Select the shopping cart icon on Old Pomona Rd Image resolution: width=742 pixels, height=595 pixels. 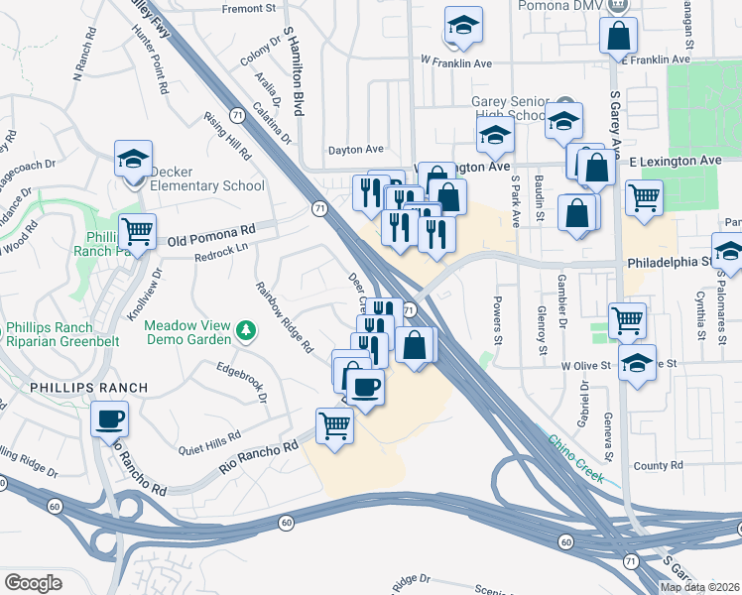(137, 232)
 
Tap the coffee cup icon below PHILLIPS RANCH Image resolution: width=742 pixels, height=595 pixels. (109, 417)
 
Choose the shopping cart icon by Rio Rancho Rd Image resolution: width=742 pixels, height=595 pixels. (334, 425)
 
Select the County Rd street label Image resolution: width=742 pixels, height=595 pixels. (651, 465)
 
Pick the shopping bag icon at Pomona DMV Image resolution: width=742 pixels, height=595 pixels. (618, 36)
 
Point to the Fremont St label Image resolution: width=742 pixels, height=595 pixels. (248, 9)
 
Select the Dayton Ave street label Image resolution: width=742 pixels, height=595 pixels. (356, 150)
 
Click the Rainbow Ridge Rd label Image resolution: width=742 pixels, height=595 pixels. (285, 318)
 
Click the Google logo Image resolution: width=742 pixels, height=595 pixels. (34, 583)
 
